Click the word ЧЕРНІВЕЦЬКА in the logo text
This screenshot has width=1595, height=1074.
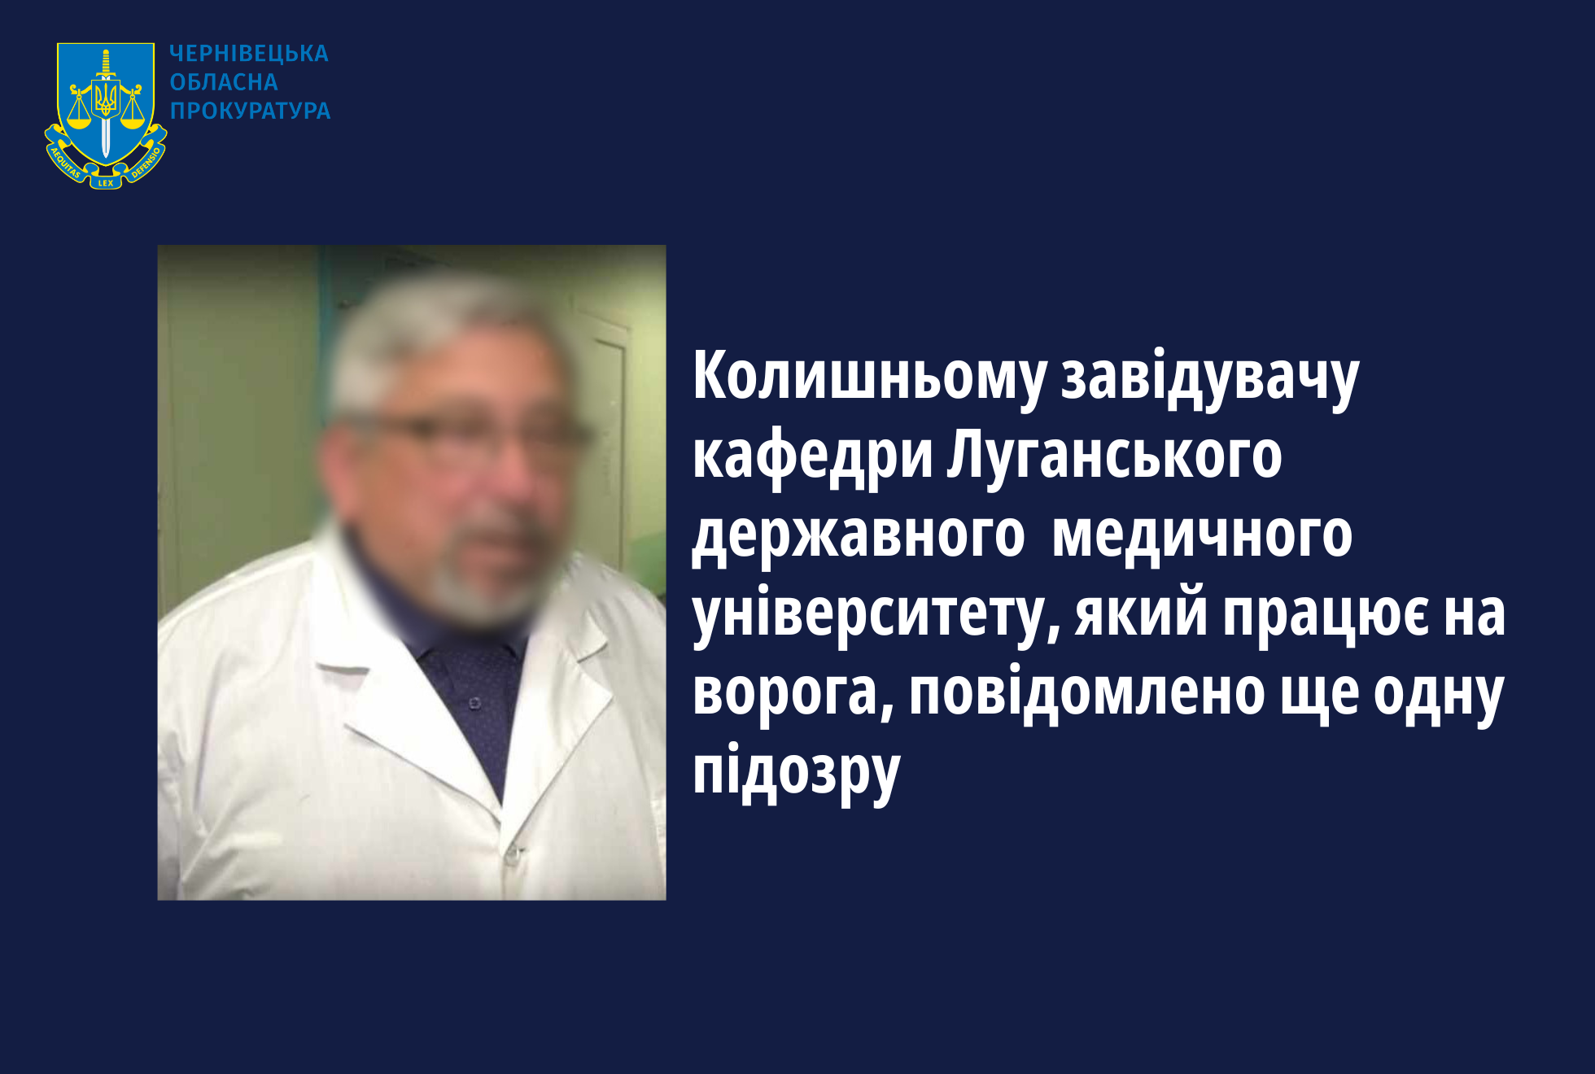[x=249, y=54]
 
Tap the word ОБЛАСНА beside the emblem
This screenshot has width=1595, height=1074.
[x=224, y=82]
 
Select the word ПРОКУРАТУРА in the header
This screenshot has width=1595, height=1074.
[x=251, y=111]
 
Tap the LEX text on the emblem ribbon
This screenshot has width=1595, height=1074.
[x=106, y=183]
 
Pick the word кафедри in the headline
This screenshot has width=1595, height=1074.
[x=812, y=456]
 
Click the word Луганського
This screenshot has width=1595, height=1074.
[x=1114, y=456]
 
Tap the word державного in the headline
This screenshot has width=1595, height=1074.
[x=858, y=536]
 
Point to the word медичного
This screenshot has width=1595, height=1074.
[x=1202, y=536]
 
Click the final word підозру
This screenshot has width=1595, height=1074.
[x=797, y=771]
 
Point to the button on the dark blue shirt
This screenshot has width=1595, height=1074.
[x=474, y=702]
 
